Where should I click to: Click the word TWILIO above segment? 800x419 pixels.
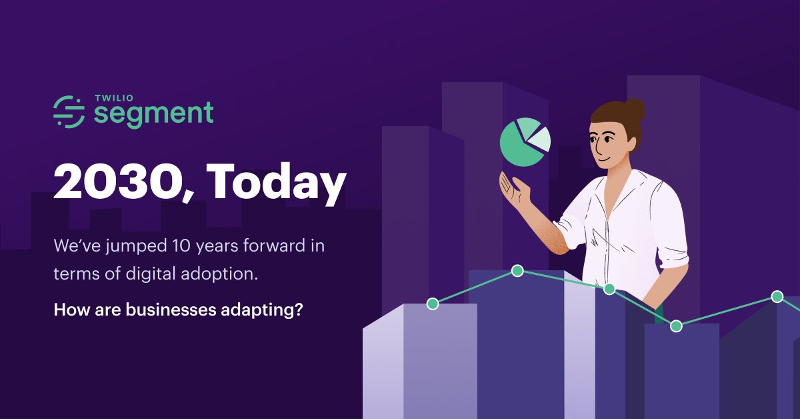coord(114,98)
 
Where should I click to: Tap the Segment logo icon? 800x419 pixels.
coord(69,111)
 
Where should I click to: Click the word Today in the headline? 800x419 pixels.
coord(276,183)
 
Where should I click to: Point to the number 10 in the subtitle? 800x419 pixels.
coord(182,246)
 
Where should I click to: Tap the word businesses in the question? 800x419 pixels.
coord(171,309)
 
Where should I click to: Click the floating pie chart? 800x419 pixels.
coord(525,142)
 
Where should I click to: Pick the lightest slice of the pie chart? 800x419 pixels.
coord(540,139)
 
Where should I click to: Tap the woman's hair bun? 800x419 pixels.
coord(635,109)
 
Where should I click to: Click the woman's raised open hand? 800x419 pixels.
coord(514,189)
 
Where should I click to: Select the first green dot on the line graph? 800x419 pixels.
coord(433,304)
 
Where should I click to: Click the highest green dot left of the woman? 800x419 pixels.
coord(517,271)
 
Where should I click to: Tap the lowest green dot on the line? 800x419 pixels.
coord(676,326)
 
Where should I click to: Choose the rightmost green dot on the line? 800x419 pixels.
coord(777,297)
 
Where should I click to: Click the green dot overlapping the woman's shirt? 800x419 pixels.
coord(609,289)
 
